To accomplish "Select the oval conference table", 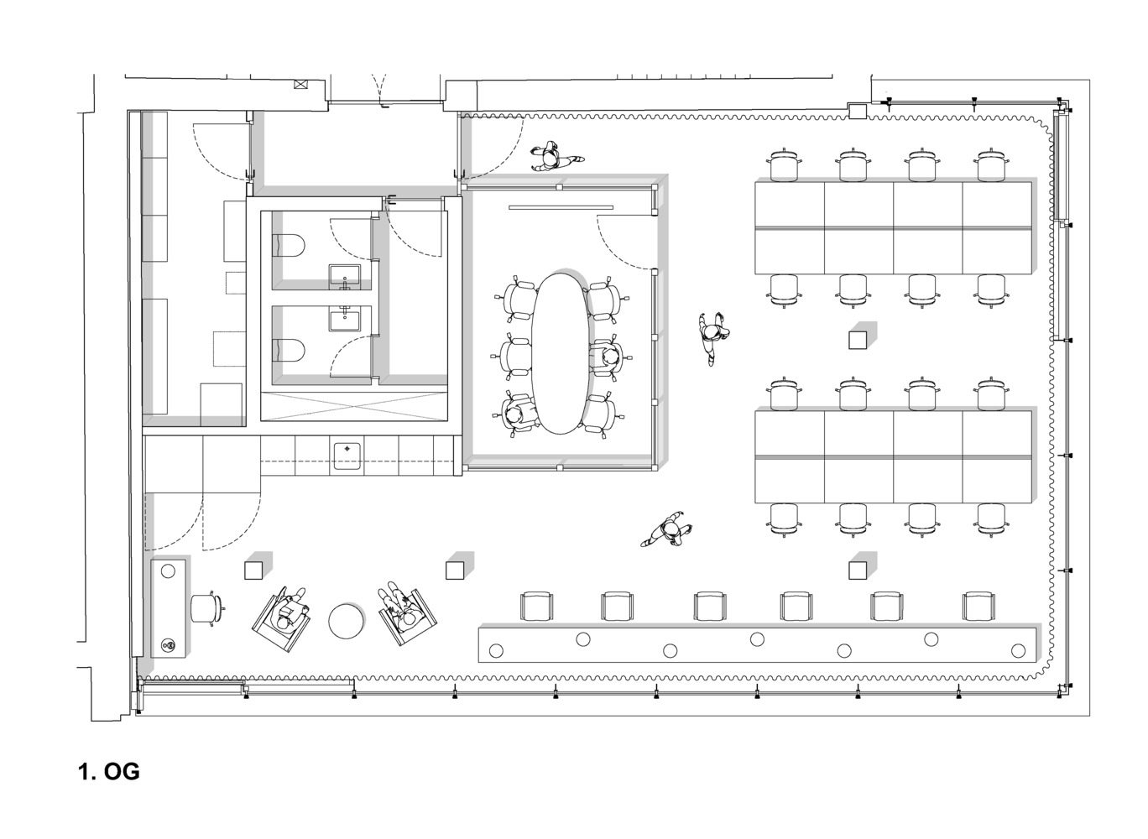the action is (561, 353).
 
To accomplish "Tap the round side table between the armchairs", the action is (347, 621).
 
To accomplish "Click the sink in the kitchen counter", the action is (347, 456).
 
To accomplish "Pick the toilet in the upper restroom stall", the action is (288, 245).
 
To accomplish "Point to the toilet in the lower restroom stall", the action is (288, 351).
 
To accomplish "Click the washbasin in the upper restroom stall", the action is (344, 277).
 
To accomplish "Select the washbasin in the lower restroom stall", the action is (344, 318).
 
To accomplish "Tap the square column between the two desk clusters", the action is (858, 340).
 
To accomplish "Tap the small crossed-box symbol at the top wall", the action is (300, 85).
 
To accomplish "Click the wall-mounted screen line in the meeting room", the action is (561, 207).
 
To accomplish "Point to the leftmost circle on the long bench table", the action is (496, 651).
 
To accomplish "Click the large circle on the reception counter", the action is (169, 571).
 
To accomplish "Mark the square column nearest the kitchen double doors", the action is (253, 571).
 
